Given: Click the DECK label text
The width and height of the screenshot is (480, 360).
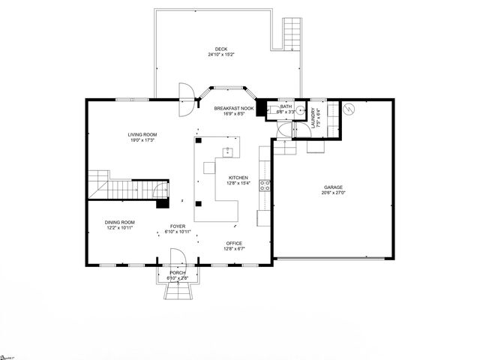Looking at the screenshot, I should [x=221, y=49].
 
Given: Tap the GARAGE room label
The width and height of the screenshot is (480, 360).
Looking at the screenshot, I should [x=333, y=187].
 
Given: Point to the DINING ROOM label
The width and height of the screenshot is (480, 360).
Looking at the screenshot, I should [x=119, y=221].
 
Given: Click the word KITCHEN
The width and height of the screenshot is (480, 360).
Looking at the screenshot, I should [x=238, y=178].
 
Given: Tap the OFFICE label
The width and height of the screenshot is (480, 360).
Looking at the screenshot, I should [x=235, y=244].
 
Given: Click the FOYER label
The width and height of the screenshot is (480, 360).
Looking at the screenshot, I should [x=177, y=226].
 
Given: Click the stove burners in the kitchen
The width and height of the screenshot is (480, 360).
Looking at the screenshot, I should [x=265, y=186].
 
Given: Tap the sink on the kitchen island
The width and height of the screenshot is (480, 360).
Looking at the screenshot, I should [x=227, y=153].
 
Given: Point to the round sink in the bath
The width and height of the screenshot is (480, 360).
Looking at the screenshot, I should [x=301, y=110].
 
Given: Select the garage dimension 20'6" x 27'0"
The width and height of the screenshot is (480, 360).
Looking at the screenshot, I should [x=333, y=193].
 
